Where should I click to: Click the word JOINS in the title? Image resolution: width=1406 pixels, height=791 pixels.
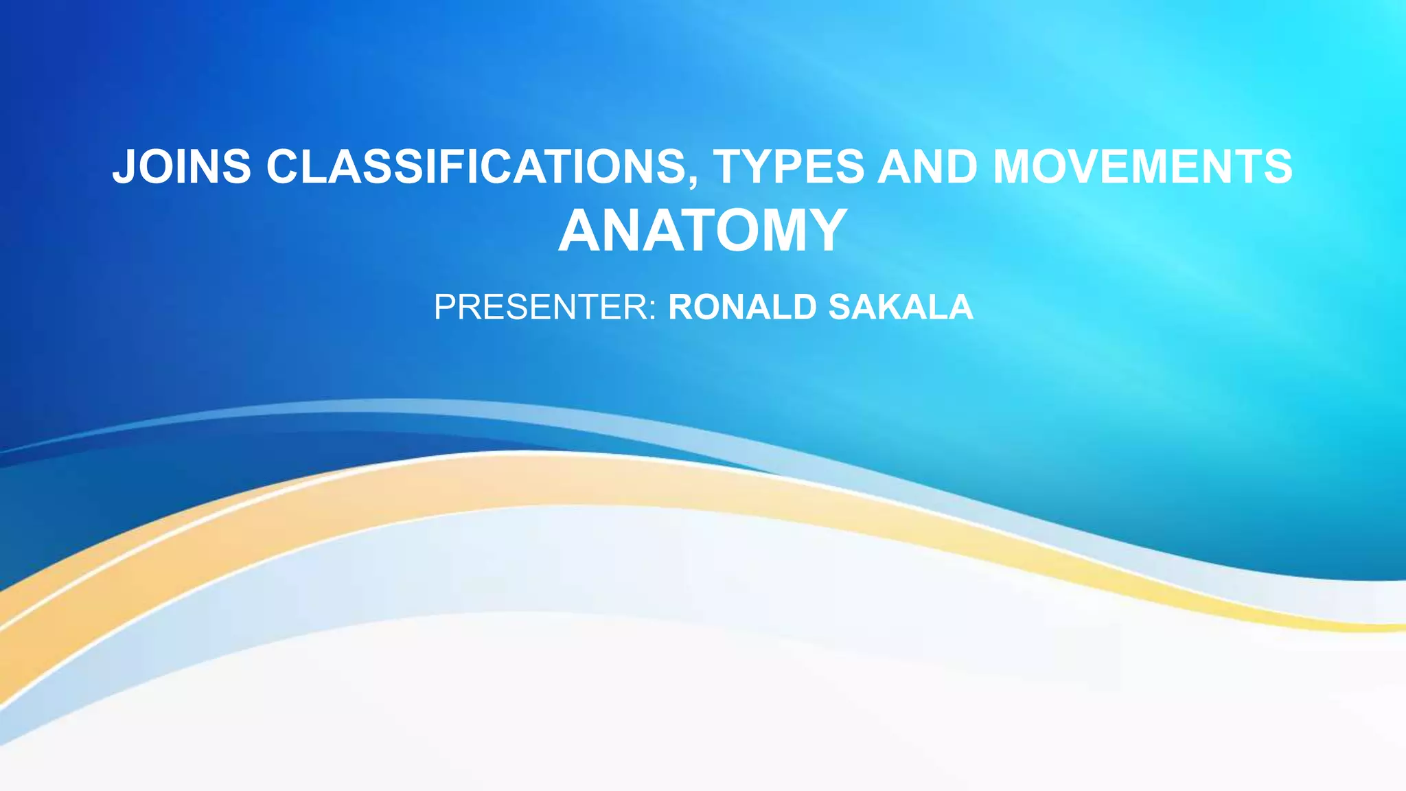(182, 167)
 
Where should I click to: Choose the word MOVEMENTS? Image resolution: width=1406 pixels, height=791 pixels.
(1142, 167)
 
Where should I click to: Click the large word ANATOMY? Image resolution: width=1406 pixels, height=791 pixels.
(702, 231)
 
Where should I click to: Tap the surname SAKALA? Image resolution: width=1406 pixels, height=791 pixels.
(901, 307)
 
